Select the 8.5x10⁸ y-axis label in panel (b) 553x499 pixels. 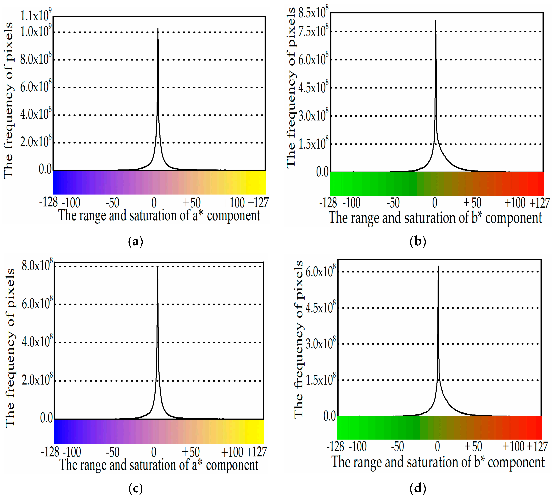pos(313,12)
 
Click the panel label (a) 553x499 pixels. pos(135,242)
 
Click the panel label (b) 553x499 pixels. pos(418,242)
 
